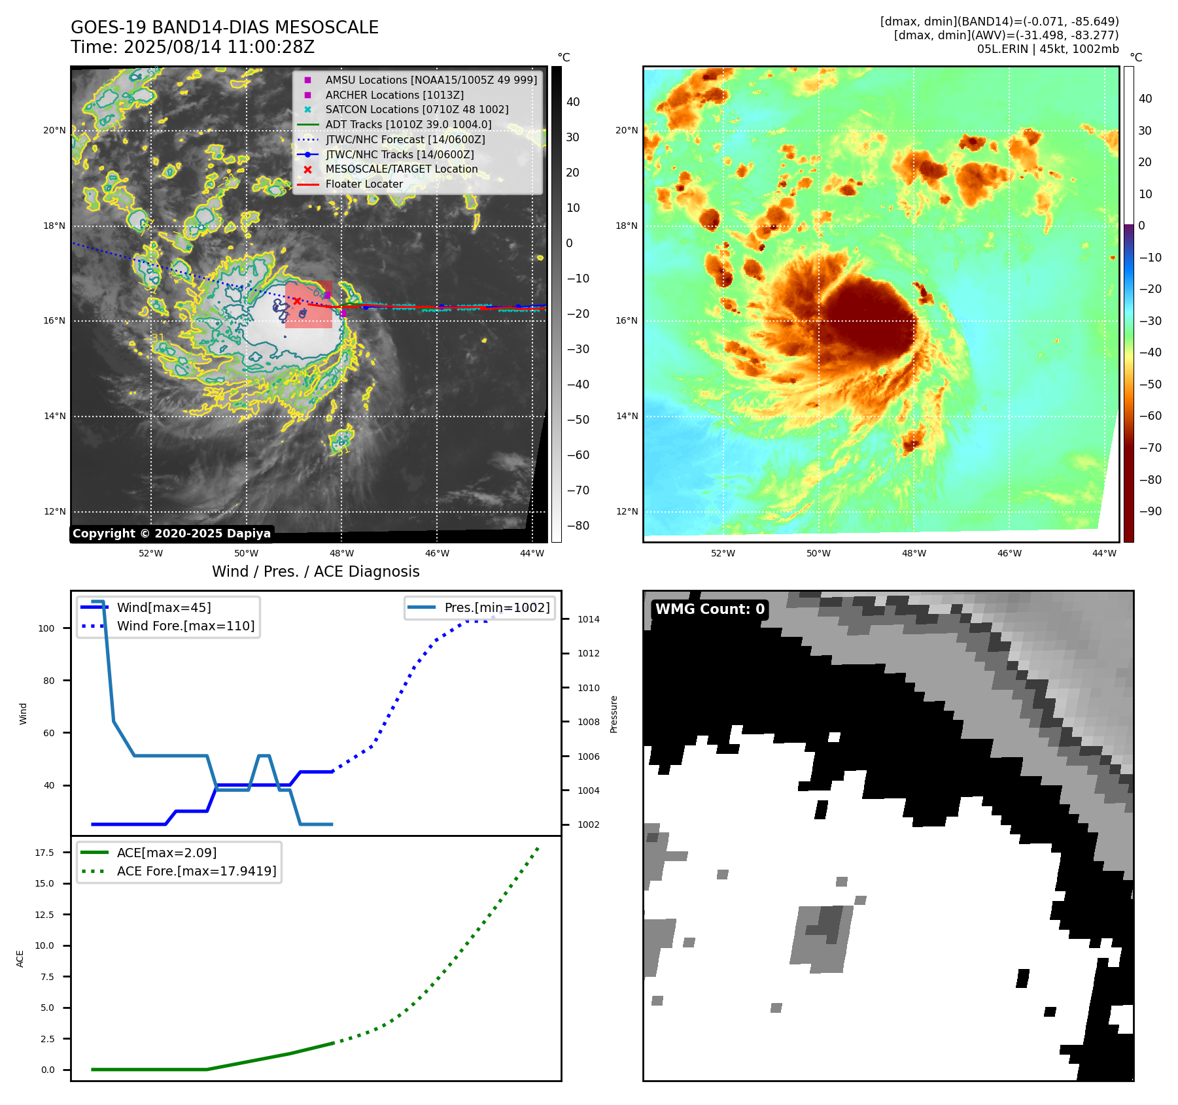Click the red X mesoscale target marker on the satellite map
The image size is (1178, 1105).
pyautogui.click(x=297, y=301)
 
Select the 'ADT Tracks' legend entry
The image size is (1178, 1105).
pyautogui.click(x=408, y=124)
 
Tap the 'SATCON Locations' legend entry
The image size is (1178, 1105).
pyautogui.click(x=417, y=109)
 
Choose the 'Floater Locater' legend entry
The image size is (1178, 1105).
pyautogui.click(x=364, y=184)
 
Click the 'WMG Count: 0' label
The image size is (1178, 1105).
pyautogui.click(x=710, y=609)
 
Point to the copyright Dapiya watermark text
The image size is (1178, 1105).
pyautogui.click(x=171, y=534)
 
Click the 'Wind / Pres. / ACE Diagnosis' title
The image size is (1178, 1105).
pyautogui.click(x=316, y=571)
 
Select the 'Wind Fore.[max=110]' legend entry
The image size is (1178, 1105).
pyautogui.click(x=185, y=626)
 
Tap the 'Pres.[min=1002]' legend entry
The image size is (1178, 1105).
pyautogui.click(x=496, y=607)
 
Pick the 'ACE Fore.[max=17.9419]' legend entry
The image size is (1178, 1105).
pyautogui.click(x=196, y=871)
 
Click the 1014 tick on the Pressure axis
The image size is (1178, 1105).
pyautogui.click(x=588, y=619)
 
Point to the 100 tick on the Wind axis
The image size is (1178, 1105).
pyautogui.click(x=46, y=628)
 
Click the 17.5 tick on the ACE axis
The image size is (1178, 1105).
pyautogui.click(x=44, y=853)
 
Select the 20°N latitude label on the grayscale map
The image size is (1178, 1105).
pyautogui.click(x=54, y=131)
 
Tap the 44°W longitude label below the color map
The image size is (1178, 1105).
pyautogui.click(x=1104, y=553)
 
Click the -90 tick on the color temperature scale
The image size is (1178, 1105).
pyautogui.click(x=1150, y=511)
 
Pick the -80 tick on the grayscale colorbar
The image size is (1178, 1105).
pyautogui.click(x=578, y=526)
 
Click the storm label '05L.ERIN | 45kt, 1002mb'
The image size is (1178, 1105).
pyautogui.click(x=1048, y=49)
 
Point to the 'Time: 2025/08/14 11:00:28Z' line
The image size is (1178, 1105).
pyautogui.click(x=193, y=47)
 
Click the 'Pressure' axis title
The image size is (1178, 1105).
pyautogui.click(x=614, y=714)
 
